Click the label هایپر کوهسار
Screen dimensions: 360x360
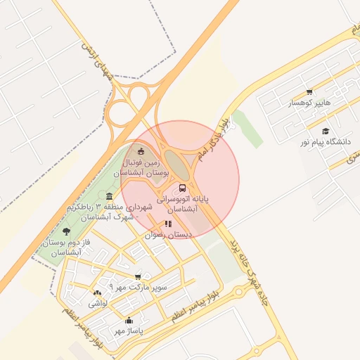coord(309,104)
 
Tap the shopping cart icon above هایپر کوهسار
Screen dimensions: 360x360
coord(309,92)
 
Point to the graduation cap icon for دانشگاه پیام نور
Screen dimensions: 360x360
coord(325,131)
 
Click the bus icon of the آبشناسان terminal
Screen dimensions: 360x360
coord(183,188)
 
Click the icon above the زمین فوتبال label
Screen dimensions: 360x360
coord(141,151)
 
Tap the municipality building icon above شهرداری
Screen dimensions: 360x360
coord(108,197)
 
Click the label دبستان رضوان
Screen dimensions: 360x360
coord(164,236)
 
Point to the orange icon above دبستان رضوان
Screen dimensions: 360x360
coord(168,224)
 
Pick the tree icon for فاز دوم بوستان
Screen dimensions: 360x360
coord(66,231)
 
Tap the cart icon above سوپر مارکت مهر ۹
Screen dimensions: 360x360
coord(138,276)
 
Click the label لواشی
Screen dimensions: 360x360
coord(97,304)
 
